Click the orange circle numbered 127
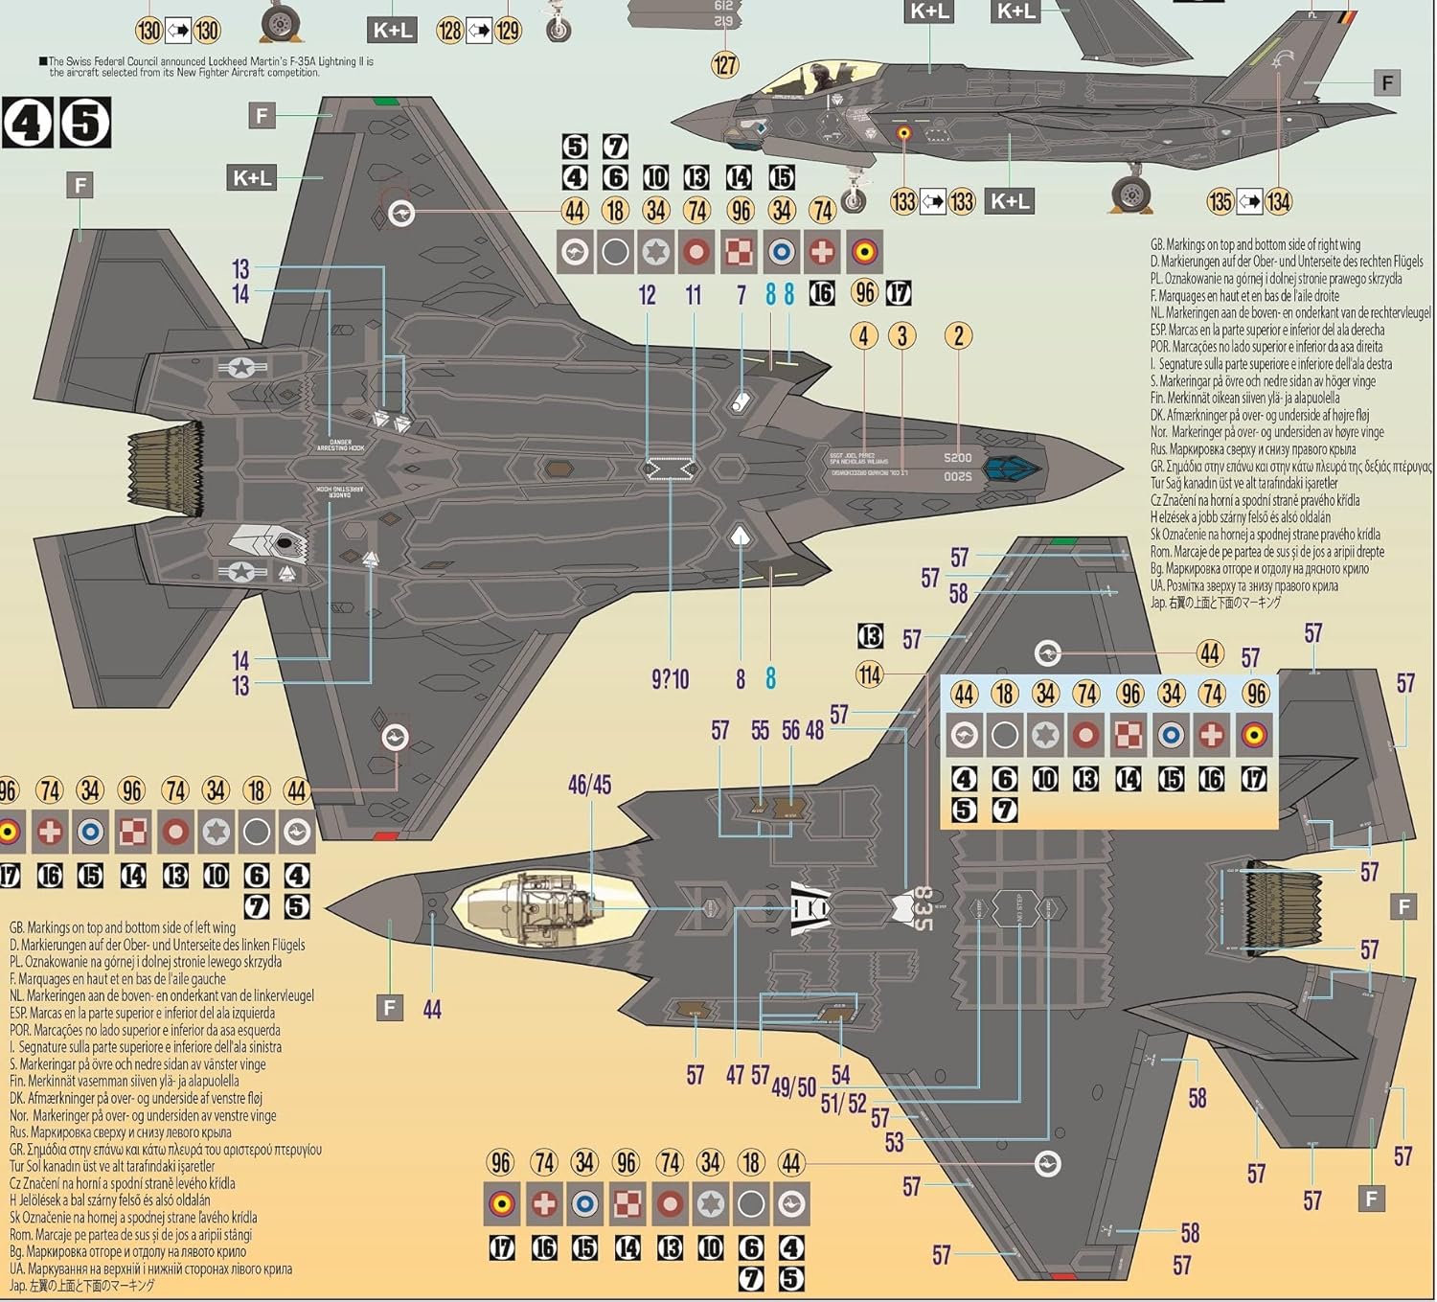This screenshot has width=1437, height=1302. tap(725, 64)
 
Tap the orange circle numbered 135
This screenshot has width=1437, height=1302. tap(1220, 201)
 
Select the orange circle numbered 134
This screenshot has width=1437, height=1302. tap(1278, 201)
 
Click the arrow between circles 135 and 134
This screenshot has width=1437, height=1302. tap(1249, 201)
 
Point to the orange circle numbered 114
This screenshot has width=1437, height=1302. tap(870, 674)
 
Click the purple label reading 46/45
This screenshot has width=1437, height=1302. tap(589, 785)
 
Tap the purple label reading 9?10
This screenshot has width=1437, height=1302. tap(670, 679)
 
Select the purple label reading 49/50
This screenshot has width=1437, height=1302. tap(793, 1086)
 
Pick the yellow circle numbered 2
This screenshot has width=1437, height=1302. tap(959, 335)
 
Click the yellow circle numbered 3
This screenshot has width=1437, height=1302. tap(901, 335)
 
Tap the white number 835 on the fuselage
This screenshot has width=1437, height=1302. tap(922, 907)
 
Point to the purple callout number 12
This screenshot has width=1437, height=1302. tap(648, 295)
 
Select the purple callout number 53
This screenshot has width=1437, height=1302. tap(894, 1142)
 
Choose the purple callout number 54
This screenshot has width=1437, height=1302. tap(840, 1075)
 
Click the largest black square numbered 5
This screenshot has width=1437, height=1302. tap(84, 123)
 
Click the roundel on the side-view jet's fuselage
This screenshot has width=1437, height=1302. tap(903, 133)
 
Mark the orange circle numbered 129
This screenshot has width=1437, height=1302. tap(508, 31)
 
